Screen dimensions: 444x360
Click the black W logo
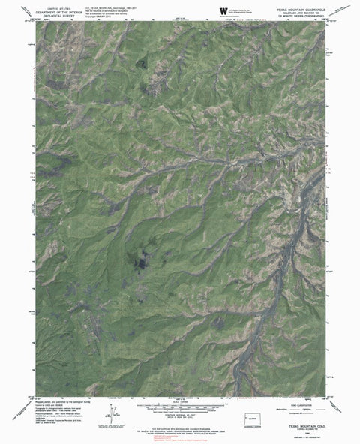pyautogui.click(x=223, y=10)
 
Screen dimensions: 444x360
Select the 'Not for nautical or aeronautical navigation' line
pyautogui.click(x=96, y=10)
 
